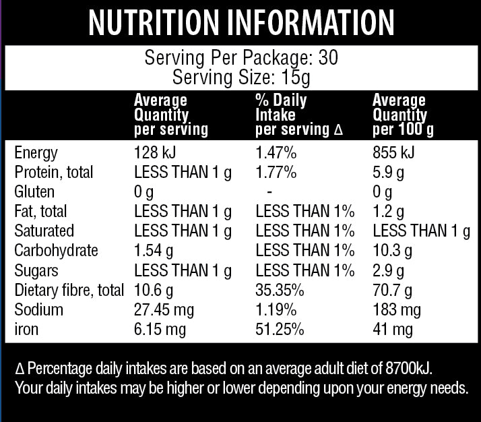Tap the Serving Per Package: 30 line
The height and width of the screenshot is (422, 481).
point(241,58)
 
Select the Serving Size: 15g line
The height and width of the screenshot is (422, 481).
point(241,78)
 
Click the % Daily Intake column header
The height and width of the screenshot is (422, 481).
point(299,115)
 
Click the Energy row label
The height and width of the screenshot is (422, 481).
point(36,153)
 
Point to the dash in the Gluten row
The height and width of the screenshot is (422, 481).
point(269,192)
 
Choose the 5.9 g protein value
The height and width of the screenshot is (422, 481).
point(388,173)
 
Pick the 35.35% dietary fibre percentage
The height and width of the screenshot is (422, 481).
point(280,291)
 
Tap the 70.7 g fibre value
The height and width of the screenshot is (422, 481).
point(392,291)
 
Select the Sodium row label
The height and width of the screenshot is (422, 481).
point(38,310)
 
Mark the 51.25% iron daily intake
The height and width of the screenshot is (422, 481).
point(280,330)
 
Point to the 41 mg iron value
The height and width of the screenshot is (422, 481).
point(392,330)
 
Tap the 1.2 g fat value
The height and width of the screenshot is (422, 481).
point(388,212)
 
